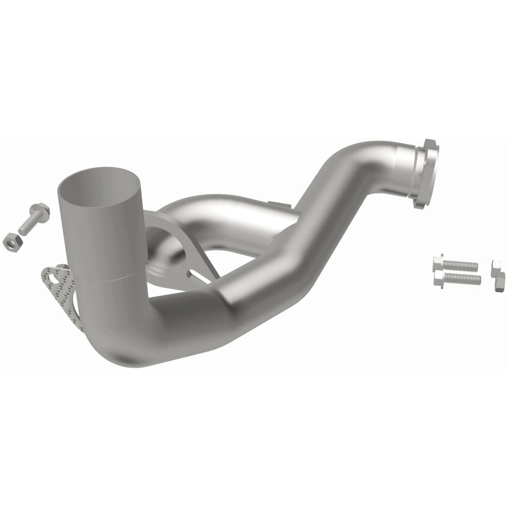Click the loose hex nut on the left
[x=11, y=241]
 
